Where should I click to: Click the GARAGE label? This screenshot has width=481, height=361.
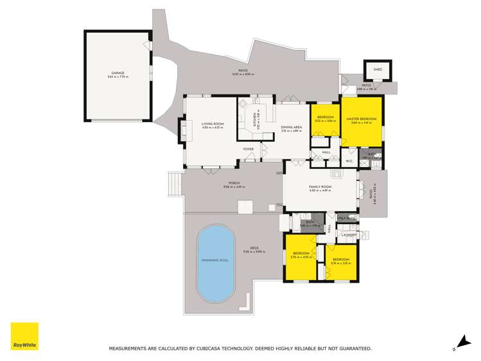pyautogui.click(x=118, y=73)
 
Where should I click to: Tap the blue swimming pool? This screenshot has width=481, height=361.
pyautogui.click(x=216, y=261)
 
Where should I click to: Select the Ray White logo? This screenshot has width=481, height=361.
pyautogui.click(x=24, y=336)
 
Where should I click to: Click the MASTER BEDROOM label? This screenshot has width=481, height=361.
pyautogui.click(x=362, y=119)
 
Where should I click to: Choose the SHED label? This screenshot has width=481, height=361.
pyautogui.click(x=374, y=70)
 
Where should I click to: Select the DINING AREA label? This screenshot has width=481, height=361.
pyautogui.click(x=291, y=127)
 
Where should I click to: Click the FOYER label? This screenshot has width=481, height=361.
pyautogui.click(x=248, y=150)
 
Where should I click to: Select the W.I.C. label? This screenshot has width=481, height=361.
pyautogui.click(x=349, y=161)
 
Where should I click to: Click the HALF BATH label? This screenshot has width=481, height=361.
pyautogui.click(x=347, y=218)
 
